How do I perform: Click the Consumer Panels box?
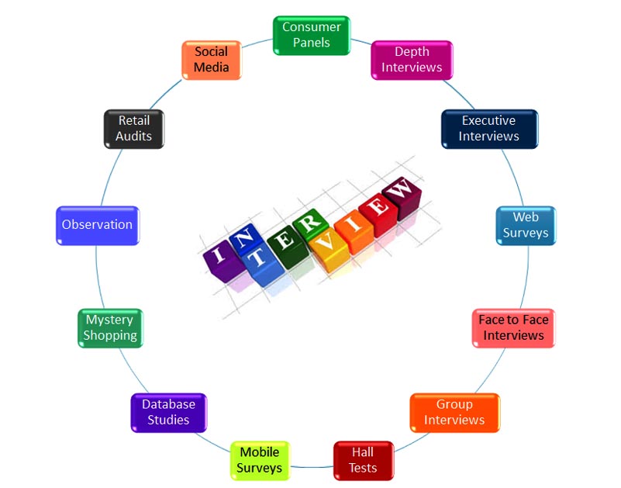[312, 35]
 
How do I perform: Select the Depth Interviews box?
[412, 60]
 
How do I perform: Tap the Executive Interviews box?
[489, 129]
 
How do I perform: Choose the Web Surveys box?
[526, 226]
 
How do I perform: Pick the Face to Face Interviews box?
[514, 328]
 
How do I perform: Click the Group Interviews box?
[454, 413]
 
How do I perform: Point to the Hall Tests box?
[364, 461]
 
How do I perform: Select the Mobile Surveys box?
[260, 461]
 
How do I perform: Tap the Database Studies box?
[169, 413]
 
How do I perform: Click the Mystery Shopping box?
[110, 328]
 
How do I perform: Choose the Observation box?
[98, 226]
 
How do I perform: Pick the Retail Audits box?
[134, 129]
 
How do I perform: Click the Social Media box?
[212, 60]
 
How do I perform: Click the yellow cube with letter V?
[329, 250]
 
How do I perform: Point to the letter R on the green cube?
[309, 223]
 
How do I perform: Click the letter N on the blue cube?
[244, 237]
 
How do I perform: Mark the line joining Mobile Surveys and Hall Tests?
[312, 467]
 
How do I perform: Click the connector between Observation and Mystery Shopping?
[98, 277]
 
